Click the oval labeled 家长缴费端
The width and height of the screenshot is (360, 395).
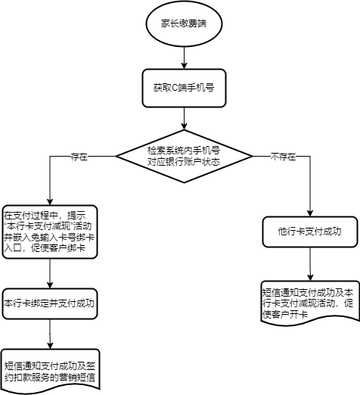[x=184, y=23]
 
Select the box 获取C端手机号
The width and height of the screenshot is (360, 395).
[x=184, y=88]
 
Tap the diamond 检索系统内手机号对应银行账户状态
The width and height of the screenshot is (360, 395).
[x=184, y=156]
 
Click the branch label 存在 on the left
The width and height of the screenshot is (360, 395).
[x=79, y=157]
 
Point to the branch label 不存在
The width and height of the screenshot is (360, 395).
[x=283, y=157]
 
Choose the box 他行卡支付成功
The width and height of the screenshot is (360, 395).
[x=310, y=232]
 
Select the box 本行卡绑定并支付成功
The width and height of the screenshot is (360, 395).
[x=50, y=303]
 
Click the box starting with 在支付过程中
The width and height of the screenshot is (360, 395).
[x=50, y=232]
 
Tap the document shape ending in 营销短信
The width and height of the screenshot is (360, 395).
[x=51, y=371]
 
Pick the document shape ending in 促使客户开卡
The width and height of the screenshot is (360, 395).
[x=310, y=303]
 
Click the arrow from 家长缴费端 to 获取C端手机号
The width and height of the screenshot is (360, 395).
[x=185, y=58]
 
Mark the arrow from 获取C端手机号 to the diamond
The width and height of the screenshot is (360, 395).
[x=185, y=119]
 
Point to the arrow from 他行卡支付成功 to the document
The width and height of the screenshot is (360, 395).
[x=310, y=264]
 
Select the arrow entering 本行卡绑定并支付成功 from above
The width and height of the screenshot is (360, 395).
[x=50, y=274]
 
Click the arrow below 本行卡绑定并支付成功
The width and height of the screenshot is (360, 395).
[x=50, y=334]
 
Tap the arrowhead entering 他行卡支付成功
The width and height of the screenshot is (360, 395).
[x=310, y=213]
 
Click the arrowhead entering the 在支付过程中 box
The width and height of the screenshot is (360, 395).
[x=50, y=202]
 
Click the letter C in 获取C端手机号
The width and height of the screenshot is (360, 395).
[x=175, y=88]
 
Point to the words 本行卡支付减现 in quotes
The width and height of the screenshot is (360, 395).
[x=39, y=226]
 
